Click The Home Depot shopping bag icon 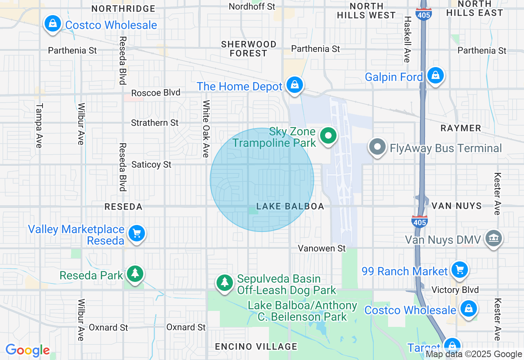(294, 85)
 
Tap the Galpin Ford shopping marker (436, 76)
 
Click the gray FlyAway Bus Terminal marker (377, 147)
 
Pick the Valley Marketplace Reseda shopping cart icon (136, 234)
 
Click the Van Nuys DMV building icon (493, 238)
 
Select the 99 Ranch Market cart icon (459, 270)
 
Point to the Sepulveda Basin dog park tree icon (224, 282)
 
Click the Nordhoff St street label (252, 7)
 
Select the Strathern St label (155, 123)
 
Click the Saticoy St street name (151, 164)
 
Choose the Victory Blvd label (455, 290)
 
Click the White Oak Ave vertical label (206, 129)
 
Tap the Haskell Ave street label (407, 39)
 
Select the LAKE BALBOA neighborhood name (290, 207)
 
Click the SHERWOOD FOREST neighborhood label (248, 49)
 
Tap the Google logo (27, 350)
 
